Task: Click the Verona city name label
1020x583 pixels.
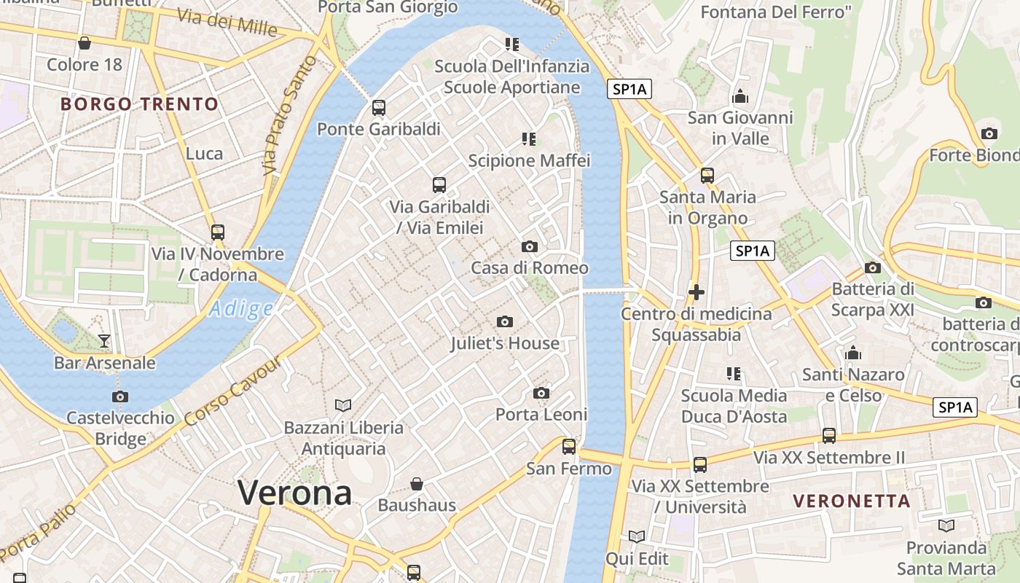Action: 295,493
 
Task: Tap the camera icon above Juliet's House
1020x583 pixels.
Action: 504,321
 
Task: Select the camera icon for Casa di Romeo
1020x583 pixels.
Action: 530,246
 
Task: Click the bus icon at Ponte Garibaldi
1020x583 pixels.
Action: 379,108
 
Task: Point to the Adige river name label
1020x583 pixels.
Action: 240,309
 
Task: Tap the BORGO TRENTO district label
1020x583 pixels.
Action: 140,103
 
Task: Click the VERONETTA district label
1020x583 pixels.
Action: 852,501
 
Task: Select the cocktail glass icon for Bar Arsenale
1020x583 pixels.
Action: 103,340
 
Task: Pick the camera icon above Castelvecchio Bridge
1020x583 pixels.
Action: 120,396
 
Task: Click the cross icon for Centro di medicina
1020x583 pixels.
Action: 696,292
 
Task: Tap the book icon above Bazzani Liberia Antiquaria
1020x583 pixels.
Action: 343,405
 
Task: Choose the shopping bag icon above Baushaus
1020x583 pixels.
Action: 417,483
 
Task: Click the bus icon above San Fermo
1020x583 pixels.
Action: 569,446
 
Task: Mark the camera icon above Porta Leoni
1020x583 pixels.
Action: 541,393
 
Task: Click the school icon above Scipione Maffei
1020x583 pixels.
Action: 529,138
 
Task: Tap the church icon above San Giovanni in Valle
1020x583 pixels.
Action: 740,96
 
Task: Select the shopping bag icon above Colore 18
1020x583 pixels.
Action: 85,43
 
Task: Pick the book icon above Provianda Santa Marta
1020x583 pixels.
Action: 946,525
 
